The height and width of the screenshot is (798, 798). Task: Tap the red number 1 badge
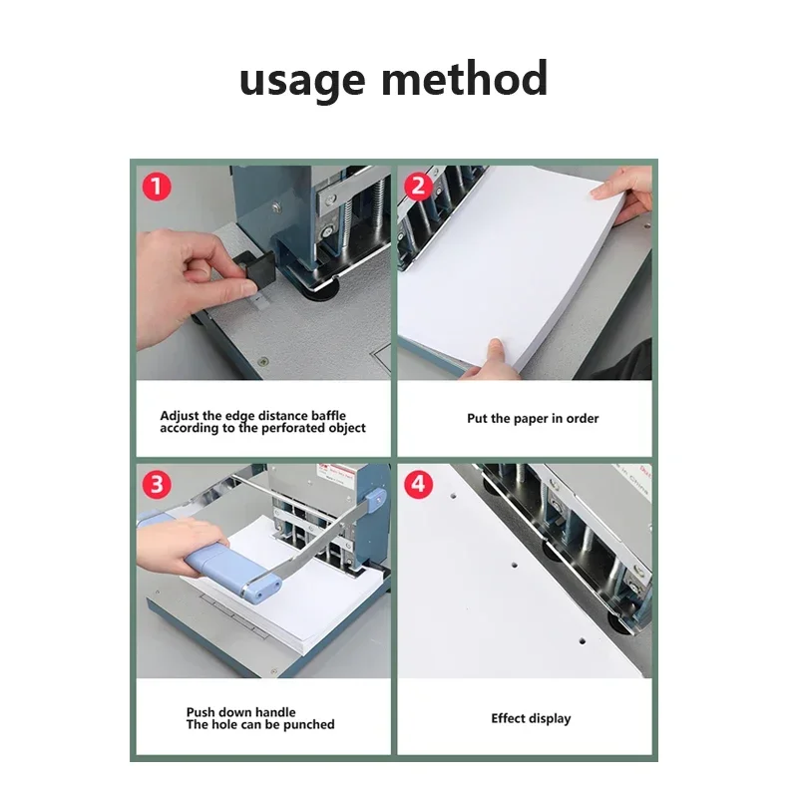pyautogui.click(x=156, y=186)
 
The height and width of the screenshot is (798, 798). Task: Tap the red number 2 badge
pyautogui.click(x=419, y=186)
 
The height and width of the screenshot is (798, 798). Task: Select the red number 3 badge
pyautogui.click(x=156, y=485)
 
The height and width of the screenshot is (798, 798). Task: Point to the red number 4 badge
pyautogui.click(x=419, y=485)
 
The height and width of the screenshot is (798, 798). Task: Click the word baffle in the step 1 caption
pyautogui.click(x=325, y=415)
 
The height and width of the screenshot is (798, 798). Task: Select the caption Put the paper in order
pyautogui.click(x=533, y=419)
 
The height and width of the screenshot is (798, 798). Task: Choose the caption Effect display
pyautogui.click(x=530, y=718)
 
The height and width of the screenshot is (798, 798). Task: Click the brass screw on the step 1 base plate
pyautogui.click(x=261, y=361)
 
